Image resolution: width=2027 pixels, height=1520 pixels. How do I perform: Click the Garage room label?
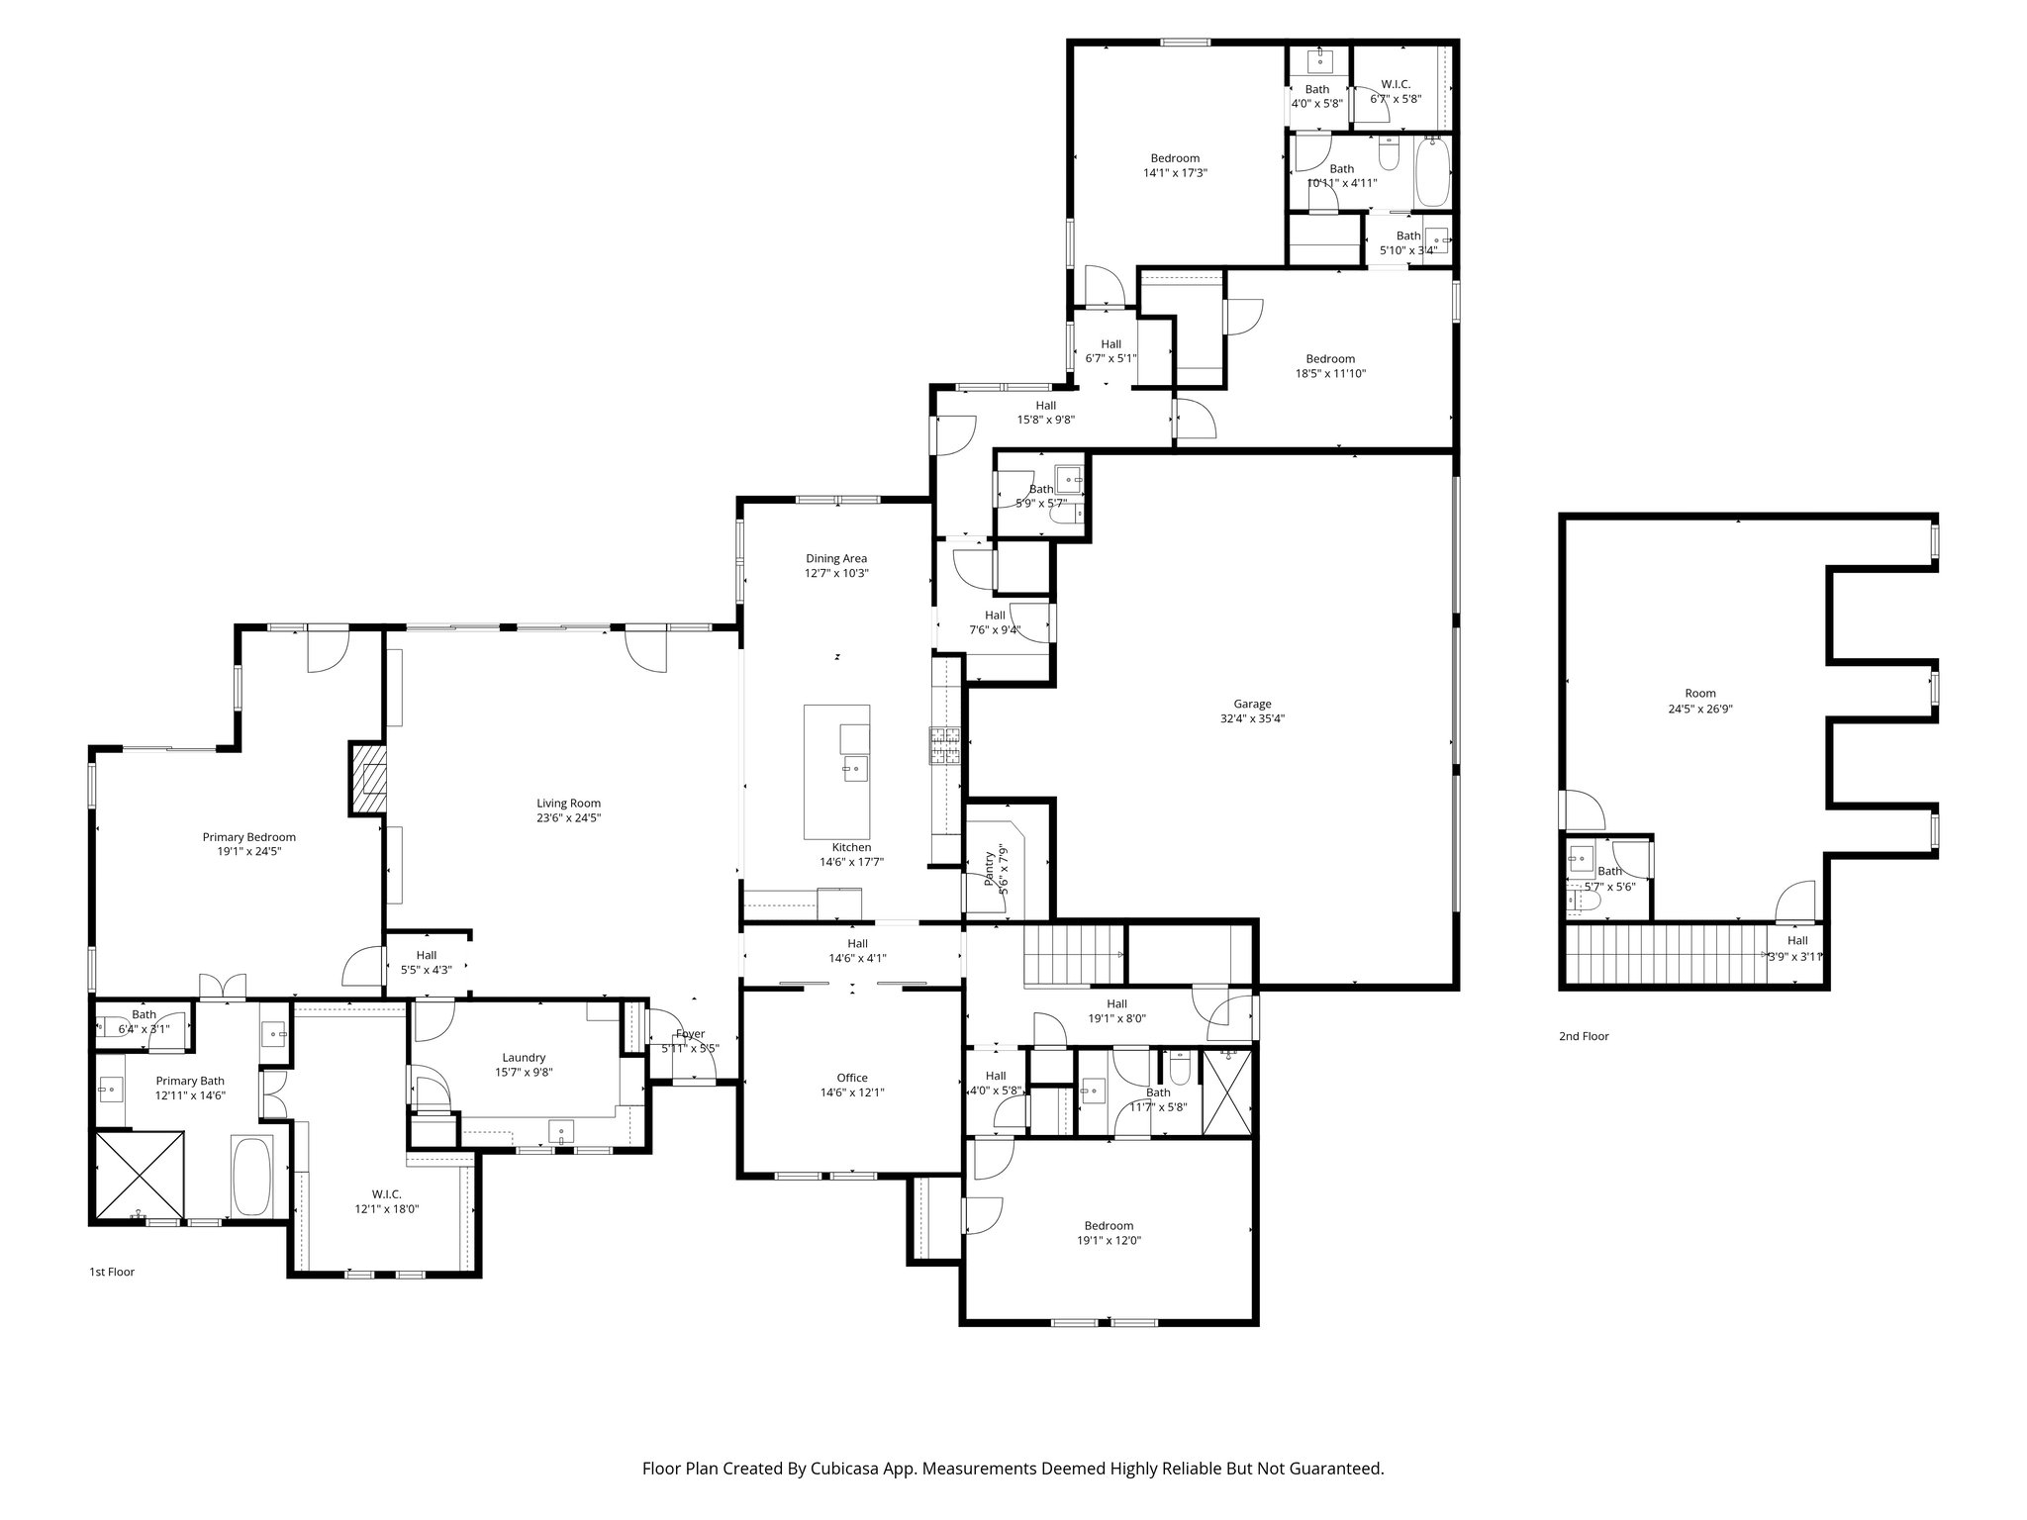click(1252, 705)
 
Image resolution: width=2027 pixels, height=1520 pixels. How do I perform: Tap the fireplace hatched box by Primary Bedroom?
click(367, 779)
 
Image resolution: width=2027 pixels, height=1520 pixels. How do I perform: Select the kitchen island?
click(836, 772)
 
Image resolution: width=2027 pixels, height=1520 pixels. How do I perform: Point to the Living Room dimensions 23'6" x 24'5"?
click(568, 818)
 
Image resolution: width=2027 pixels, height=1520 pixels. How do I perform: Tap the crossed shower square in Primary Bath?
click(140, 1176)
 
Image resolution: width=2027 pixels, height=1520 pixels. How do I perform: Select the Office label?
click(851, 1078)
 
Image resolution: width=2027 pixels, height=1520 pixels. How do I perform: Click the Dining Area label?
click(836, 559)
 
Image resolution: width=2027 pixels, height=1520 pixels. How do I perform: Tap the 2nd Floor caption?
click(1584, 1036)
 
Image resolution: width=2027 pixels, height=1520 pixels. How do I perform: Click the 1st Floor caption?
click(112, 1272)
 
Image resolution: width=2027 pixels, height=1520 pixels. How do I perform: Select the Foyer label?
click(690, 1034)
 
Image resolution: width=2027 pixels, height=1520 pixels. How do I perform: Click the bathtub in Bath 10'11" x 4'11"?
click(1432, 173)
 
